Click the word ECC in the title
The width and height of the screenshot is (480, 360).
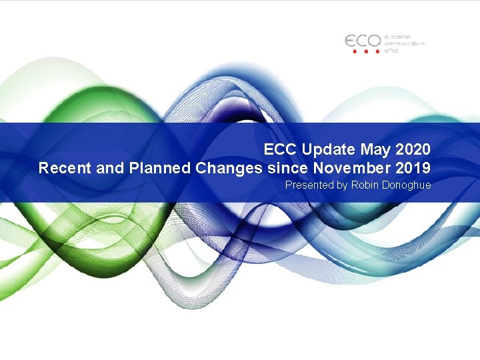[x=278, y=149]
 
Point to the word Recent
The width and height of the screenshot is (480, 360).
[x=65, y=167]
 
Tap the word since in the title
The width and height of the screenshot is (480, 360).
[x=285, y=167]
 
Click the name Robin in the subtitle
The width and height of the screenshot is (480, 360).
[x=365, y=185]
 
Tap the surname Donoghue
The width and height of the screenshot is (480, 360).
[x=407, y=185]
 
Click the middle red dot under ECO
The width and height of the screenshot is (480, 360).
[x=365, y=51]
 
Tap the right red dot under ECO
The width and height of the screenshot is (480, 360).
[x=377, y=51]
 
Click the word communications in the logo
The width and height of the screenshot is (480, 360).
[x=405, y=43]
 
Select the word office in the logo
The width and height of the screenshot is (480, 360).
[x=392, y=50]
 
